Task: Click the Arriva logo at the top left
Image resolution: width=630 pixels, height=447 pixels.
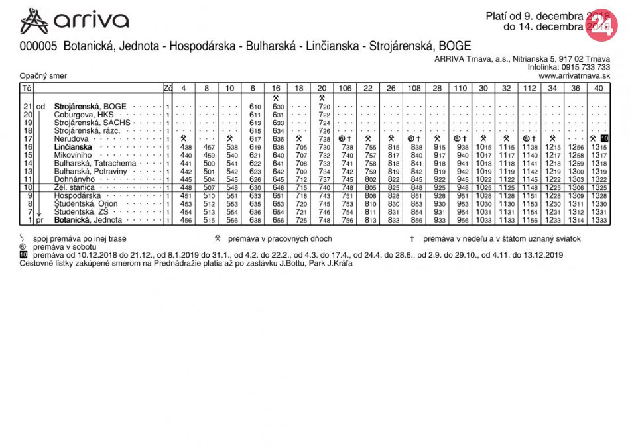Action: coord(74,21)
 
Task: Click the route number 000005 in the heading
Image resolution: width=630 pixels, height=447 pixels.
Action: coord(40,46)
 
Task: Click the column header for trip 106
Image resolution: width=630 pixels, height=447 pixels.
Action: coord(346,88)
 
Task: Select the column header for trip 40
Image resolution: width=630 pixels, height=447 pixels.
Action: coord(598,88)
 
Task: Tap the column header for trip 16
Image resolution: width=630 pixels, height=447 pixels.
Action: coord(276,88)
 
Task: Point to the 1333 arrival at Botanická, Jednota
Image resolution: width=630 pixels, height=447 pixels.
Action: coord(599,220)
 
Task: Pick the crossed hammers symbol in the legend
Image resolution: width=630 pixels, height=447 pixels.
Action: coord(217,238)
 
